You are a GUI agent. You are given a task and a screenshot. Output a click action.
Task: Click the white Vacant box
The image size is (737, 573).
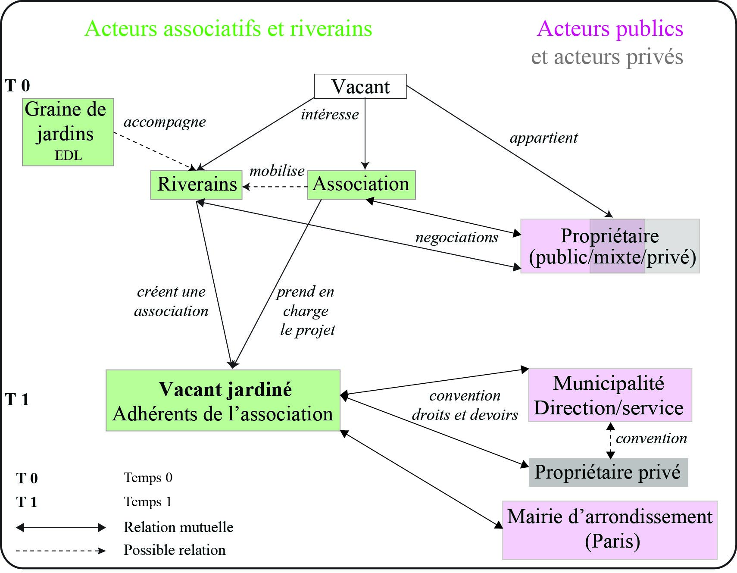pos(360,86)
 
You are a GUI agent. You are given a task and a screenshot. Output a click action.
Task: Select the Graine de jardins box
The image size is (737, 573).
pos(68,132)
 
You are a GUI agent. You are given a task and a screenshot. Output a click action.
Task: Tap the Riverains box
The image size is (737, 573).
pos(197,185)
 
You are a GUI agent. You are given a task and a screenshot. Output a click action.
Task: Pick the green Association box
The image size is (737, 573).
pos(361,185)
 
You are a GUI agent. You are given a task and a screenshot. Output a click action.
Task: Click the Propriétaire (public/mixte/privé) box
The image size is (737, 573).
pos(610,246)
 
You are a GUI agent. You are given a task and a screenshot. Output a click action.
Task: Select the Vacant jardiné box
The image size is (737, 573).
pos(223,401)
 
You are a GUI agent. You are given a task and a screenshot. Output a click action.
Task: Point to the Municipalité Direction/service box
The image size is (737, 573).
pos(610,395)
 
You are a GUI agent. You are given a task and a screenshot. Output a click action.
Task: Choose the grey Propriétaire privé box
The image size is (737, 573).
pos(608,473)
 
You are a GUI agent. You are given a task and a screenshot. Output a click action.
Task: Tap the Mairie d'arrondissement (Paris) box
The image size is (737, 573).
pos(610,530)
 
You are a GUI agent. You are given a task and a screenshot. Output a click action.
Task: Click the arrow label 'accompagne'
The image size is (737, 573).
pos(165,122)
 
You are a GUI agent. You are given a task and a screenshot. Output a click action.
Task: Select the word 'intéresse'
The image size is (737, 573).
pos(330,115)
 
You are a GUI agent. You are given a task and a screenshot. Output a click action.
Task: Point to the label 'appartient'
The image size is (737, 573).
pos(543,138)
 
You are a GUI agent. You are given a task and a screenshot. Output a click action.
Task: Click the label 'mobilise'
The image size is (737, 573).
pos(277,171)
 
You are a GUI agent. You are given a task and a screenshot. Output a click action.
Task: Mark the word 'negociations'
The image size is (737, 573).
pos(456,237)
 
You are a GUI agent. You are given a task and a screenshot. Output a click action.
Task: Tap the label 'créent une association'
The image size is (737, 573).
pos(171,301)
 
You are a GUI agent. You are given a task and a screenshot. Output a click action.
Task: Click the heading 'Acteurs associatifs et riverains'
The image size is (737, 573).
pos(228,29)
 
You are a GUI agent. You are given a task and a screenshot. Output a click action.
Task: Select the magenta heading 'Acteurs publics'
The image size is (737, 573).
pos(610,29)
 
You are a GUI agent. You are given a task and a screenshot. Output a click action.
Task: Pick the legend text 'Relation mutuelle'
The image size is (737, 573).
pos(178,527)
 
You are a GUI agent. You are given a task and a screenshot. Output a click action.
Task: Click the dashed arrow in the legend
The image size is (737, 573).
pos(60,551)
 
